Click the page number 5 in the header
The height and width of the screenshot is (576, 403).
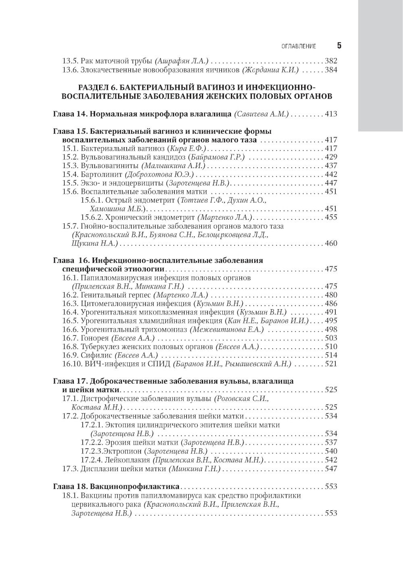coord(339,46)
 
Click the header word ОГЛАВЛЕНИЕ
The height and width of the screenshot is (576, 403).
coord(299,46)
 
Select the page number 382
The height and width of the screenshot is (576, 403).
coord(330,61)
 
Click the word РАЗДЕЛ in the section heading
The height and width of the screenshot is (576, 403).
coord(93,88)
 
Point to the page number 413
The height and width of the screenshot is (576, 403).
coord(330,114)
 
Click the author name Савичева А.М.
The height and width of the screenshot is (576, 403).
coord(262,114)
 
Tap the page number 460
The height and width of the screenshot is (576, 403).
coord(330,243)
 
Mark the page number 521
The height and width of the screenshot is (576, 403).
coord(330,364)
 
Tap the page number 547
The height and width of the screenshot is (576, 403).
coord(330,469)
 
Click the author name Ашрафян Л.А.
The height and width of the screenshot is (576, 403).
coord(181,61)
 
